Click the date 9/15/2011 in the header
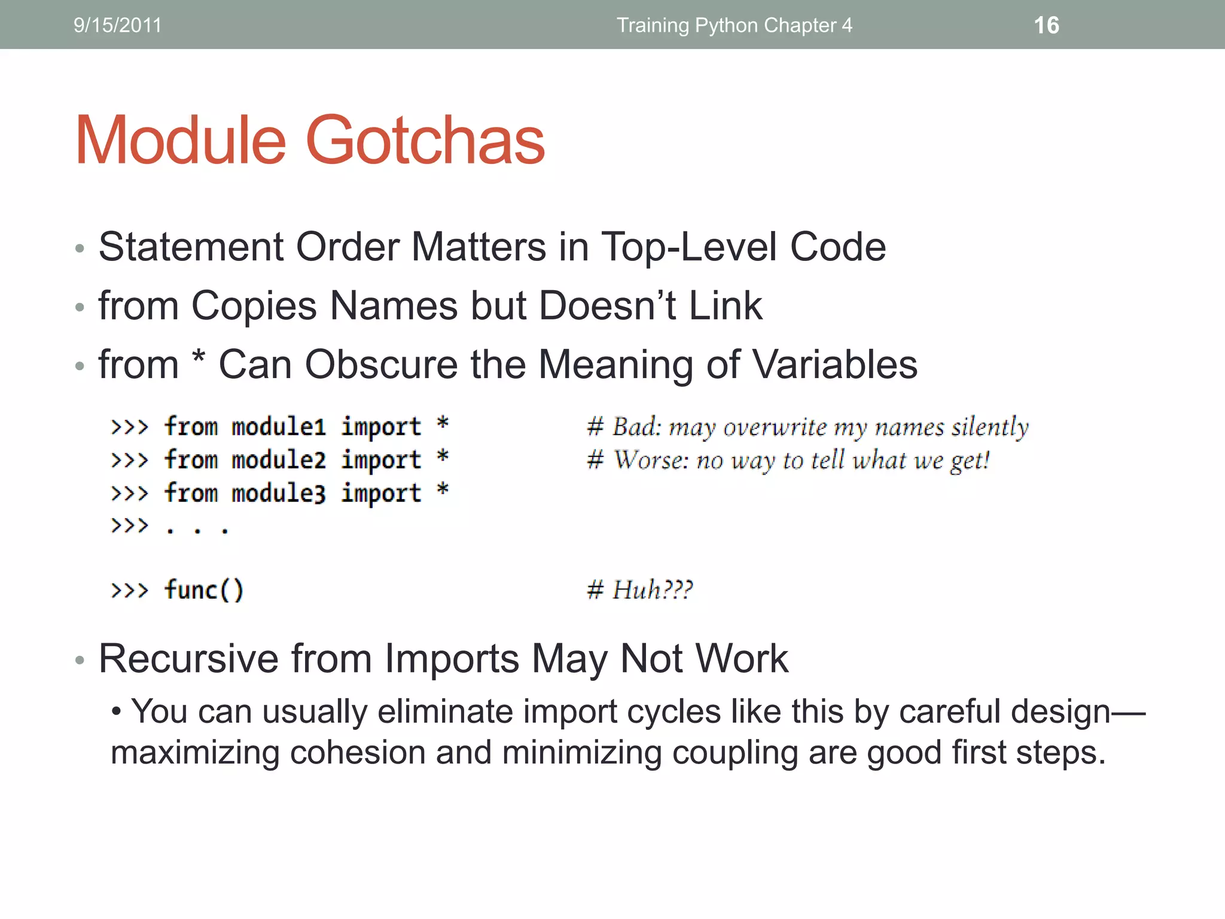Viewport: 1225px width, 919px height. (x=117, y=25)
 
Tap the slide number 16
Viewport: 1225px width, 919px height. (x=1046, y=25)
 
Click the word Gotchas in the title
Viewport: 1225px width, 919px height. (x=425, y=141)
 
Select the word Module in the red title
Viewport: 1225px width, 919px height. (x=181, y=141)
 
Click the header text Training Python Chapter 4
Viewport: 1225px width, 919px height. (x=734, y=25)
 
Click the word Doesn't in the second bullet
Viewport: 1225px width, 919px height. (x=608, y=306)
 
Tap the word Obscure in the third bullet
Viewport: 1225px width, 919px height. (x=381, y=364)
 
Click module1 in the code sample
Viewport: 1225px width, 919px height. (x=279, y=427)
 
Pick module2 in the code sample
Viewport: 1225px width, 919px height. (x=279, y=460)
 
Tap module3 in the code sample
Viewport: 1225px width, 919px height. (x=279, y=494)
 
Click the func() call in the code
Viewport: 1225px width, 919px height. (x=204, y=590)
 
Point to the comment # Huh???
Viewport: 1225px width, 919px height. (x=639, y=590)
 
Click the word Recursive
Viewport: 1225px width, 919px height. (x=188, y=659)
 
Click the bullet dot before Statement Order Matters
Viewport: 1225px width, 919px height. (x=80, y=248)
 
